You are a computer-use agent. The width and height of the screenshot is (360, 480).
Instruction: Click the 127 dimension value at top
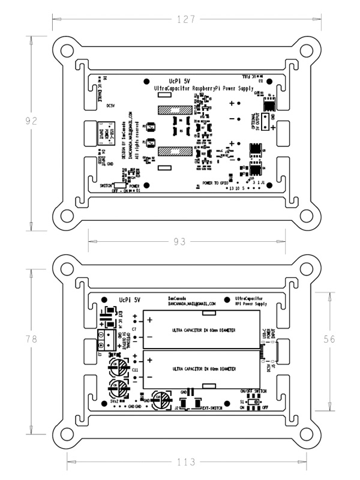[x=187, y=20]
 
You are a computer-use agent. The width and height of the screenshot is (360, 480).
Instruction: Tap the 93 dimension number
[x=178, y=241]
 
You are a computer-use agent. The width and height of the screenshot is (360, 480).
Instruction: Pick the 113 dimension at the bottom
[x=187, y=462]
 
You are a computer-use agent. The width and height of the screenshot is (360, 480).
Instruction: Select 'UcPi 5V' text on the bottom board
[x=130, y=298]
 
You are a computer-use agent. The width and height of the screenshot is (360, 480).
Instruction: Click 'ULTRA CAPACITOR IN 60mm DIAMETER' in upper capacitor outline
[x=203, y=331]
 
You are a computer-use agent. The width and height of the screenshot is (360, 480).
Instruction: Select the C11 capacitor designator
[x=136, y=370]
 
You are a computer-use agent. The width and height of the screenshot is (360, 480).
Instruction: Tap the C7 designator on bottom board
[x=135, y=329]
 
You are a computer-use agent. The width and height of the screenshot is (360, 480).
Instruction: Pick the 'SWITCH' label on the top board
[x=107, y=185]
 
